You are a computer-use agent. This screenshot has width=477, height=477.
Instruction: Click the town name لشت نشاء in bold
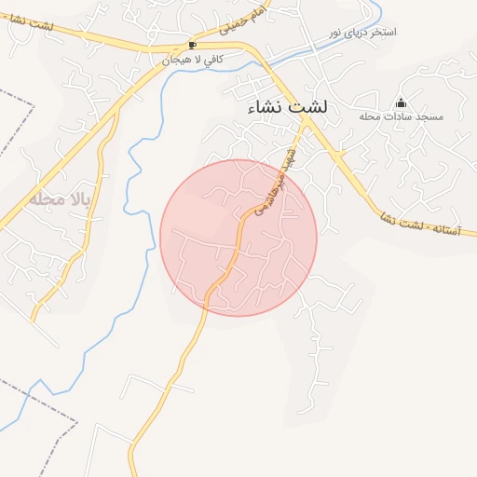coord(288,109)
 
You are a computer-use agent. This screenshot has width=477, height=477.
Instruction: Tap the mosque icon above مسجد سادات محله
coord(402,102)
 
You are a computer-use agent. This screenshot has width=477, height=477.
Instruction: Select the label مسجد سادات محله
coord(402,117)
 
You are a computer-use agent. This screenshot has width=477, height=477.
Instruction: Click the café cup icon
coord(193,45)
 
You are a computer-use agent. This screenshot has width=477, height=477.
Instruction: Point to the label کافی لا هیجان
coord(192,60)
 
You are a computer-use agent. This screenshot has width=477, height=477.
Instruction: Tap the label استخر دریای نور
coord(363,33)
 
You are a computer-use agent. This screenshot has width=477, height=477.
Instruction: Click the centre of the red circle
coord(238,238)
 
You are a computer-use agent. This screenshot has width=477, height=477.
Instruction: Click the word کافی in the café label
coord(211,60)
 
